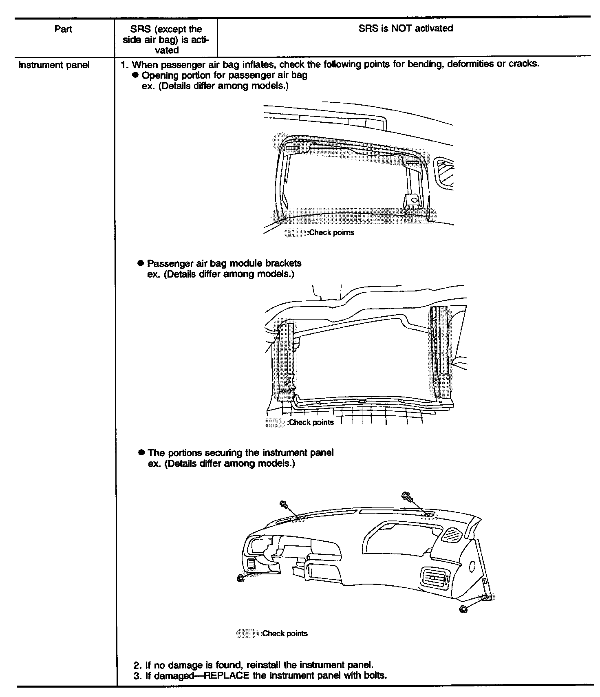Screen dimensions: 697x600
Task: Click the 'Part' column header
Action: coord(63,29)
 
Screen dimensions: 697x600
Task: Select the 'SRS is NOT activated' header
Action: coord(406,29)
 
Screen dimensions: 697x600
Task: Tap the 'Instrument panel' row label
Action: coord(54,65)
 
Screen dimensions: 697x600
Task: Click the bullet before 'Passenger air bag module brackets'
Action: coord(141,263)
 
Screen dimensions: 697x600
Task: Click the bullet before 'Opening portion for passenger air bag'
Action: coord(136,75)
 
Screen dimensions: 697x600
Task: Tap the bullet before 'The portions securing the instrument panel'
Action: coord(141,453)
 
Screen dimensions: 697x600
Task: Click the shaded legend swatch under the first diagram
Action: coord(295,233)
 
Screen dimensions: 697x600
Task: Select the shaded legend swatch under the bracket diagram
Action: coord(274,423)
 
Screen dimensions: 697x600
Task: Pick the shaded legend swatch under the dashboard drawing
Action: coord(247,633)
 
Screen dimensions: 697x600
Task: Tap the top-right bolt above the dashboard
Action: coord(407,496)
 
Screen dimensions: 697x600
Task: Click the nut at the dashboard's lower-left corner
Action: coord(241,578)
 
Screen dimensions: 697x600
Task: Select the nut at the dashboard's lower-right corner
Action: coord(463,609)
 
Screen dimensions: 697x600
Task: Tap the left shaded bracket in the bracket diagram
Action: coord(287,361)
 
